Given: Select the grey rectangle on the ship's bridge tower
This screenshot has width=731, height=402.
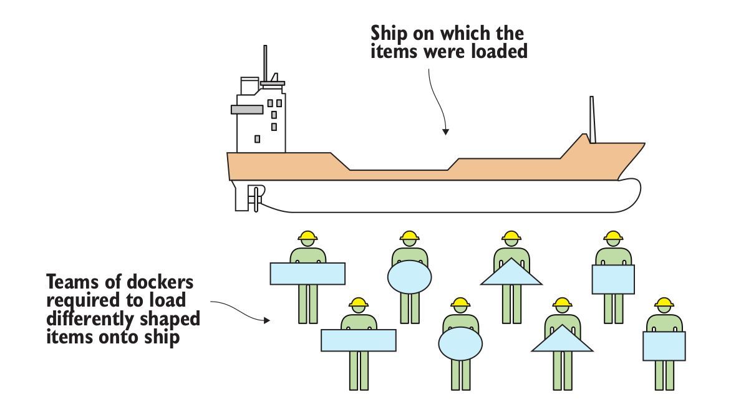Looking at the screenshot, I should tap(246, 109).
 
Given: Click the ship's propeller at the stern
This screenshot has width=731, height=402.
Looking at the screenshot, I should tap(254, 196).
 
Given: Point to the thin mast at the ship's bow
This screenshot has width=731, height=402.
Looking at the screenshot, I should tap(593, 120).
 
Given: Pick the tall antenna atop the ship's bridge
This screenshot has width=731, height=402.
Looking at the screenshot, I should tap(265, 62).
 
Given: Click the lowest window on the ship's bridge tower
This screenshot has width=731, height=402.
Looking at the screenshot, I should tap(257, 138).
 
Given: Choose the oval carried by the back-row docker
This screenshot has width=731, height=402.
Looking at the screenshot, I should tap(409, 277).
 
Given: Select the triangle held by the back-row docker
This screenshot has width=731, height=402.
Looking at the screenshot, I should tap(511, 273).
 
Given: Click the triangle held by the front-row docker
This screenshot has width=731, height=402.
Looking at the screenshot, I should tap(563, 340).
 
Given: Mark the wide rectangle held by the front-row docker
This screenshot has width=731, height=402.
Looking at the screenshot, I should tap(359, 340).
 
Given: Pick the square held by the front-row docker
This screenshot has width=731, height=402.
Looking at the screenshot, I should tap(664, 346).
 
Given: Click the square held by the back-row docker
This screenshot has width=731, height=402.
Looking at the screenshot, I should tap(613, 279).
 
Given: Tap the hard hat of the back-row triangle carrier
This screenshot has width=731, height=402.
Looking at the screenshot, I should tap(511, 237).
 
